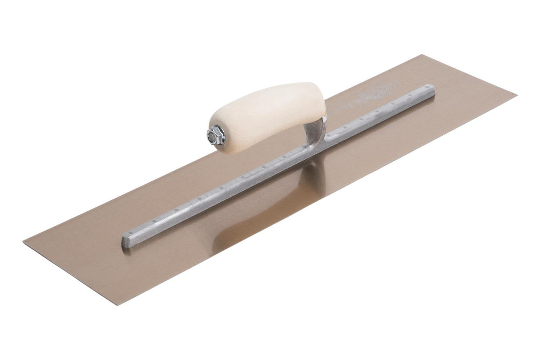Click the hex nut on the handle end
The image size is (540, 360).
pyautogui.click(x=216, y=134)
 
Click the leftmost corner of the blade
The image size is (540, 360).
pyautogui.click(x=24, y=240)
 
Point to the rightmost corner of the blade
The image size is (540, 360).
pyautogui.click(x=516, y=94)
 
